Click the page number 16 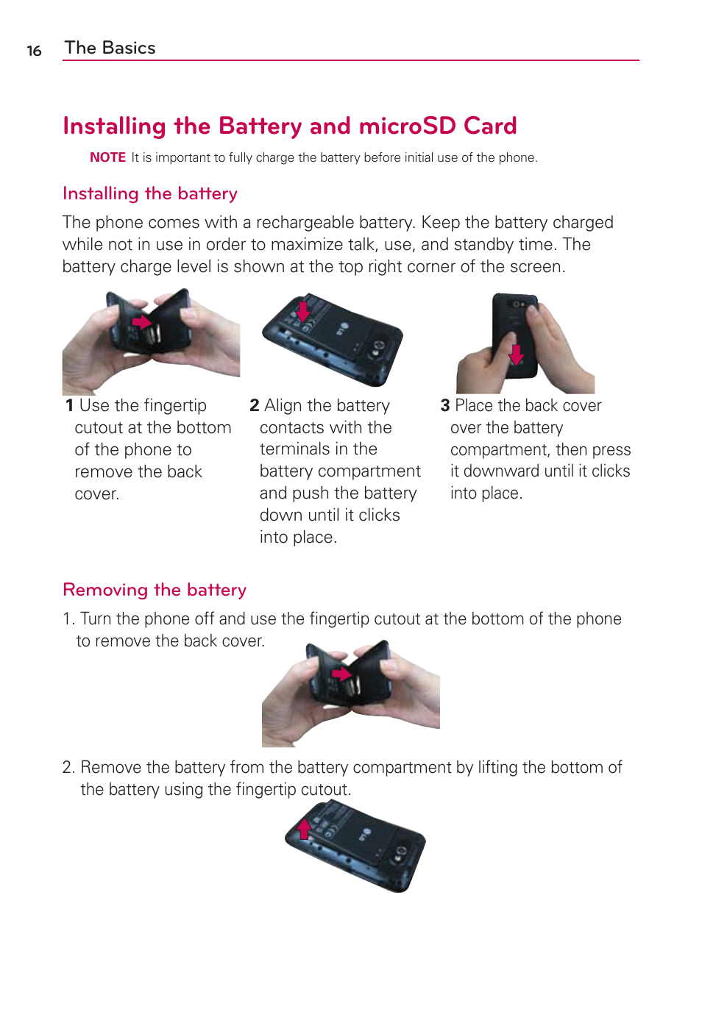tap(34, 51)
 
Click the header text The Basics tap(110, 48)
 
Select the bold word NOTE tap(107, 157)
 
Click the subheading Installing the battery tap(150, 193)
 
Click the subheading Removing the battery tap(155, 590)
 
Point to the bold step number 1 tap(69, 406)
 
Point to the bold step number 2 tap(255, 406)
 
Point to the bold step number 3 tap(445, 406)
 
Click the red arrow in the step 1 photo tap(141, 321)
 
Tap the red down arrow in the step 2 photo tap(302, 311)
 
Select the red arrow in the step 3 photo tap(517, 354)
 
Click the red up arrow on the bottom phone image tap(304, 829)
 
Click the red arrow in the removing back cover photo tap(341, 674)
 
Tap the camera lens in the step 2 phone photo tap(379, 346)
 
